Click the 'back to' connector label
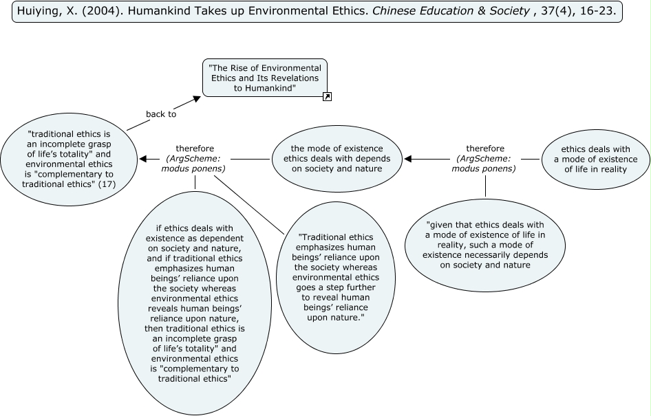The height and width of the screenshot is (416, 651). (161, 113)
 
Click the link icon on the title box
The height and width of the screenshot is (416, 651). (327, 96)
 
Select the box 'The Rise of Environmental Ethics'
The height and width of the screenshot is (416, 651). (265, 78)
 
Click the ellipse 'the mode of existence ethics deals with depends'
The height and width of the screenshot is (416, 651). (337, 158)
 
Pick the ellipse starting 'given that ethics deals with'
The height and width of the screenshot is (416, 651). (485, 245)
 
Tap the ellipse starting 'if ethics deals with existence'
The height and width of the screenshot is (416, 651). (195, 303)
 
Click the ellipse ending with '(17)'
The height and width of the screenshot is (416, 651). (69, 159)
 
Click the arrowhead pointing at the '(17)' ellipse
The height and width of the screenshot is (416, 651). (143, 159)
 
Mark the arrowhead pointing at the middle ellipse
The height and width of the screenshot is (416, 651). (408, 159)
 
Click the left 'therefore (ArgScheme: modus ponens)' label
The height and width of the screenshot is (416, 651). (195, 159)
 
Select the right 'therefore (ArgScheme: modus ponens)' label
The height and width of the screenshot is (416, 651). (485, 159)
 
